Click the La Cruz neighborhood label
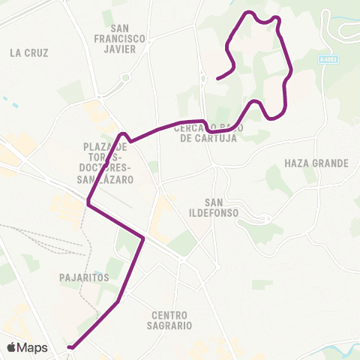point(30,52)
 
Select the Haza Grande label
point(317,163)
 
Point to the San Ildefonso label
point(221,208)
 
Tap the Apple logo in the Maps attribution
point(12,347)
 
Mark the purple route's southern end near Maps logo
point(69,347)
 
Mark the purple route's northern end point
point(217,78)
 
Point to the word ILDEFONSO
point(221,213)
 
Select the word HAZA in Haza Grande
point(297,163)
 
